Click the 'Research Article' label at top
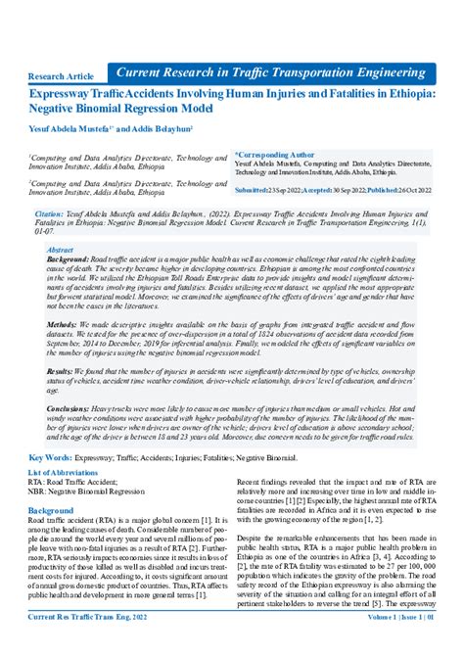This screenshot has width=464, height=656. point(62,75)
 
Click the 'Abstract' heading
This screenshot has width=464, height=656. point(60,251)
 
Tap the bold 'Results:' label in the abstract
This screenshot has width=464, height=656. point(63,372)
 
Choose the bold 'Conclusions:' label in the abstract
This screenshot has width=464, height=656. point(72,408)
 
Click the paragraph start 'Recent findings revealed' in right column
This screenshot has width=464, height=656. point(281,484)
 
